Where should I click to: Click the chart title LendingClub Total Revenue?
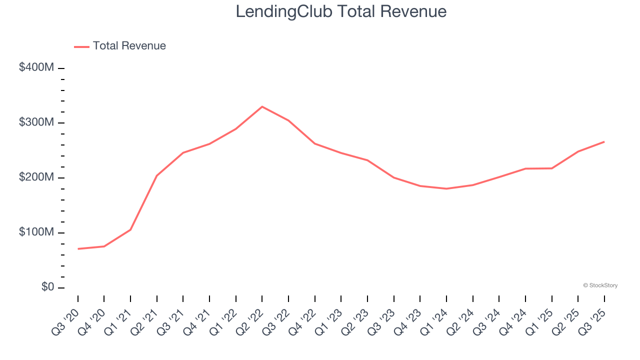341,11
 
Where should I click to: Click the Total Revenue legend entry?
129,46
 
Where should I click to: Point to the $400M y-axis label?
36,67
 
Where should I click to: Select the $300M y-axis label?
36,122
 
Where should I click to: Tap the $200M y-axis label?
36,177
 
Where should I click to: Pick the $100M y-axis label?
36,232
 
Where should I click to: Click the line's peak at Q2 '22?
262,106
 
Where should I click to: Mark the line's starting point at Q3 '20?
78,248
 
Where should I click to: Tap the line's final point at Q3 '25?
604,141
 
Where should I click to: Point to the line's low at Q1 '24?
446,188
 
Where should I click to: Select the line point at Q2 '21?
157,175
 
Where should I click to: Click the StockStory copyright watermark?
600,285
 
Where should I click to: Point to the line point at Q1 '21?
130,229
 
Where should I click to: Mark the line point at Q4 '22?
315,143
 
